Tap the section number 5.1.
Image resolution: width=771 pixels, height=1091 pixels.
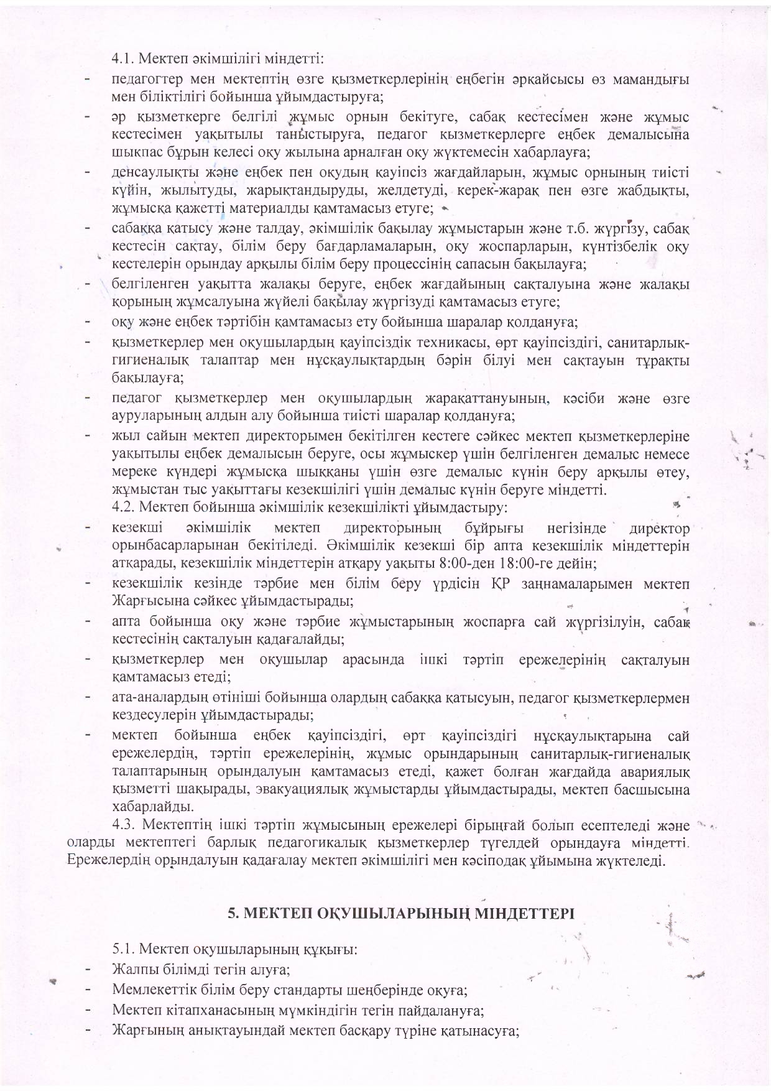[x=122, y=950]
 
